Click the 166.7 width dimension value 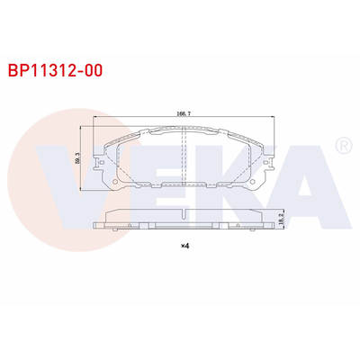tap(183, 115)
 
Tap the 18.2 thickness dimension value tap(283, 218)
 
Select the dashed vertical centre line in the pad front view tap(184, 162)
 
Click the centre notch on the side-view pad tap(184, 214)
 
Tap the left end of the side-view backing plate tap(94, 225)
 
